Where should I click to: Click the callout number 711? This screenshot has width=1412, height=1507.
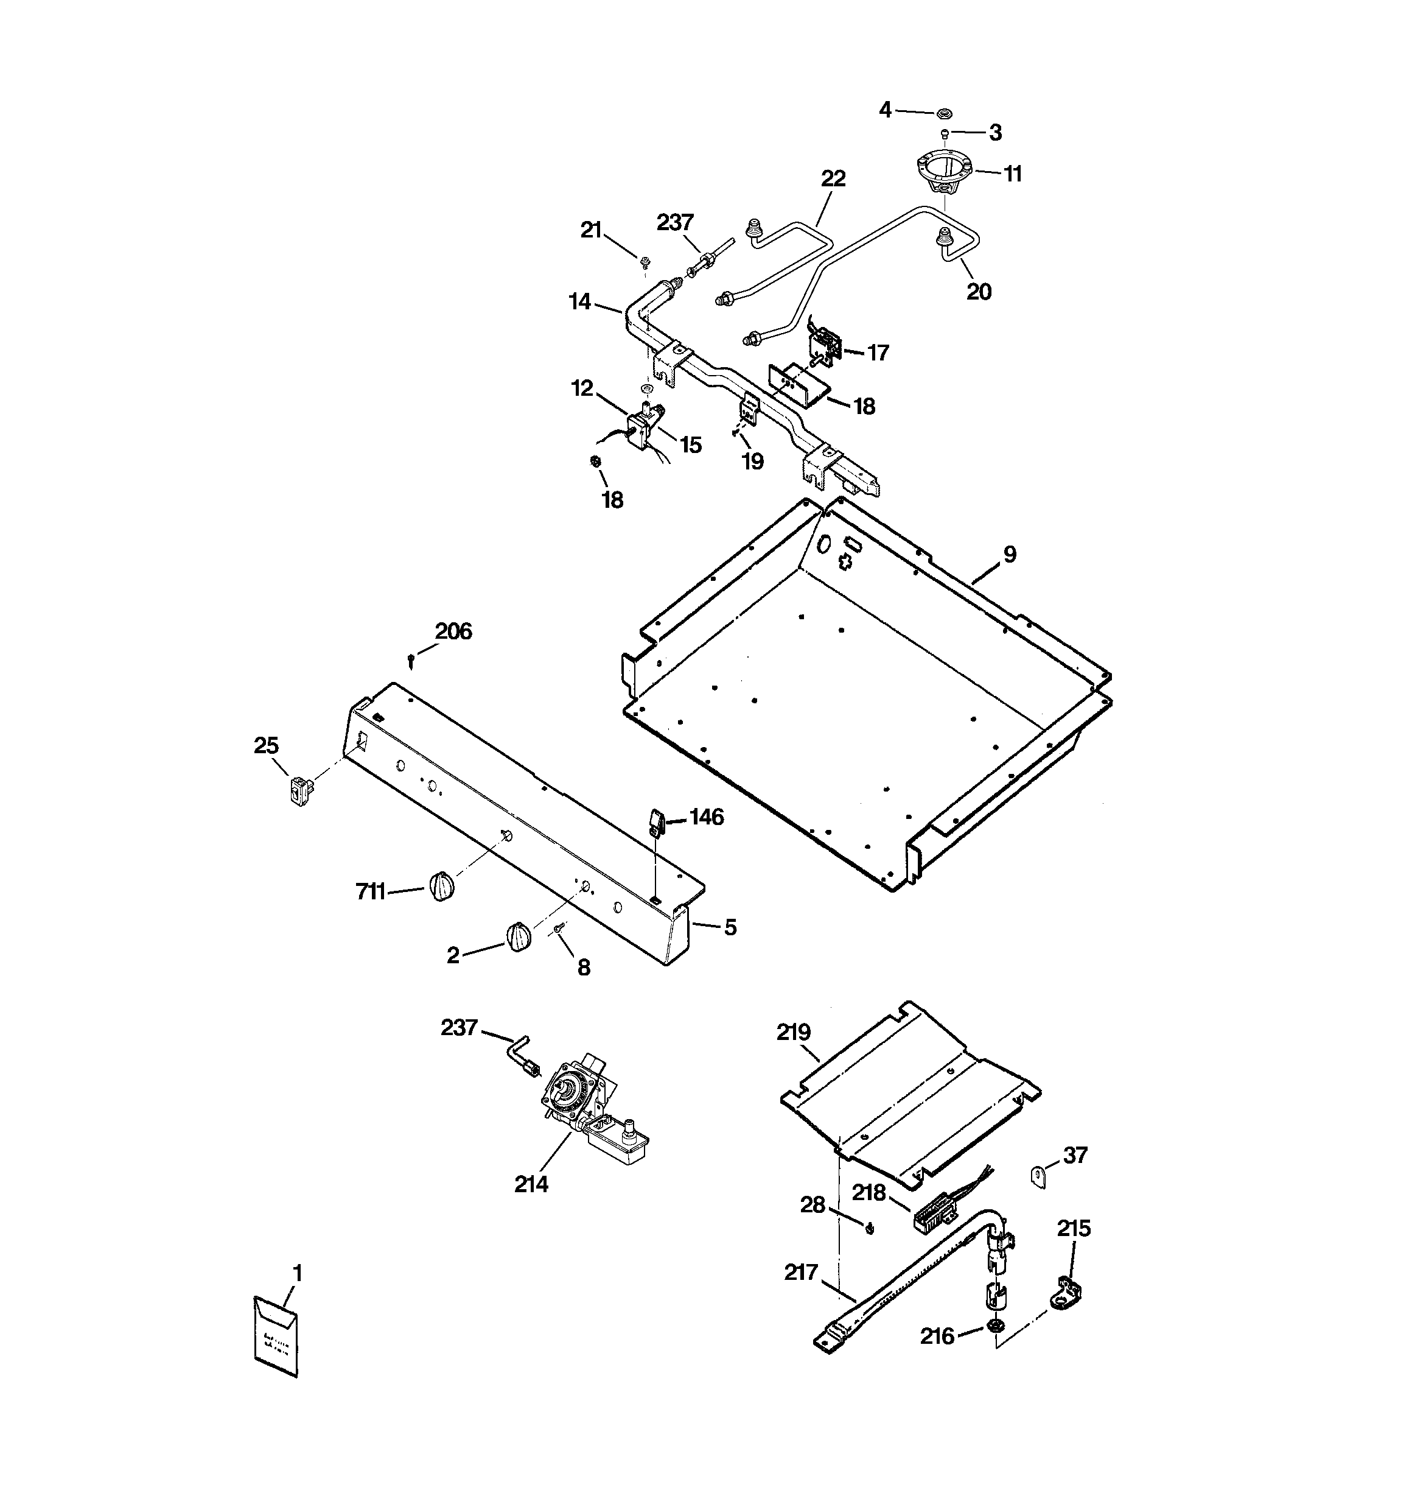coord(371,892)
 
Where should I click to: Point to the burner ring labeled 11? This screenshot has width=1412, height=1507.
coord(945,174)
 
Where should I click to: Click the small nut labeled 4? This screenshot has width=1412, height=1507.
coord(945,113)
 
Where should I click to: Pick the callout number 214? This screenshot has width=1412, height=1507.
coord(531,1183)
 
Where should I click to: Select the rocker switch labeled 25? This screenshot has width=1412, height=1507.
coord(299,792)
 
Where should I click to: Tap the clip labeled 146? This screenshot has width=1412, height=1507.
coord(655,822)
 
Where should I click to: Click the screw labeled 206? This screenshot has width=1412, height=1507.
coord(411,661)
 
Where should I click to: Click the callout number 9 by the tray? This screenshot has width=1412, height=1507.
coord(1010,554)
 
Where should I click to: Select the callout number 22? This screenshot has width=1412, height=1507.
coord(833,178)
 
